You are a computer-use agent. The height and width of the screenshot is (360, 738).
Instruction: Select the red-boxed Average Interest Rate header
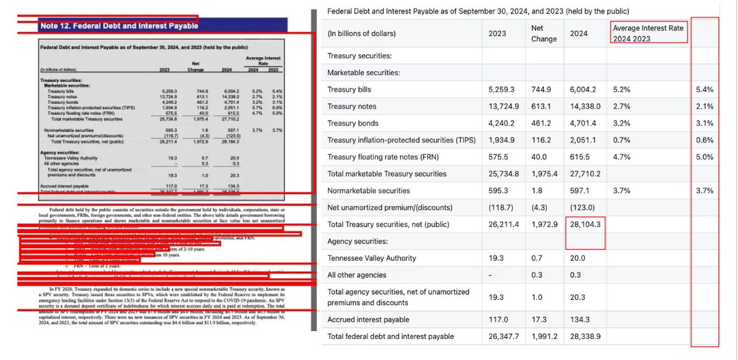tap(648, 33)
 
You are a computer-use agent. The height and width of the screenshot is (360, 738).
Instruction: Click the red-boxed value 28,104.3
tap(585, 225)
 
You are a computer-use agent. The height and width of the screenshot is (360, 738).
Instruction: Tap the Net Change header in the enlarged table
tap(543, 33)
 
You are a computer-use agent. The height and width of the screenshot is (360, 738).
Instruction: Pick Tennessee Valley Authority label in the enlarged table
tap(372, 258)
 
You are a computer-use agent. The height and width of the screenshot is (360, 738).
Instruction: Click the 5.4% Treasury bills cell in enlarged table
tap(704, 89)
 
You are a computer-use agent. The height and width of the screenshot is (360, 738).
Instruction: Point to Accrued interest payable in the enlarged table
tap(368, 319)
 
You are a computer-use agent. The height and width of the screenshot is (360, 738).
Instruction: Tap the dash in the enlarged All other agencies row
tap(490, 274)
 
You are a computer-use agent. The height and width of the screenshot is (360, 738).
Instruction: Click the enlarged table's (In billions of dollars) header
tap(361, 33)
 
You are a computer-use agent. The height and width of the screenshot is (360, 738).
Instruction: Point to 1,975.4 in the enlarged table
tap(544, 174)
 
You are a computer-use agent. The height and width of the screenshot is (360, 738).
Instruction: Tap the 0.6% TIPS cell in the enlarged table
tap(704, 140)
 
